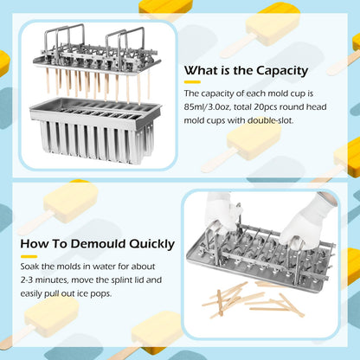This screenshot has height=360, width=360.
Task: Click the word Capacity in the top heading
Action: (282, 71)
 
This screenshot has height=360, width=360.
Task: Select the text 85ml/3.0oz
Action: (207, 107)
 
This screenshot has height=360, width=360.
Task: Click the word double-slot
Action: (270, 120)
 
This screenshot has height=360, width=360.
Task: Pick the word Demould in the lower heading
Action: (99, 244)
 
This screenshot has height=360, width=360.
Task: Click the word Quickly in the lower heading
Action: (151, 244)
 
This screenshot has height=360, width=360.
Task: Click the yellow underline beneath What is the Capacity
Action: (192, 82)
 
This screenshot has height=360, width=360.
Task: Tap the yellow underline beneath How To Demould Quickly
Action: (29, 256)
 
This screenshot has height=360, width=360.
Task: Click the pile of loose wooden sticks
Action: (253, 299)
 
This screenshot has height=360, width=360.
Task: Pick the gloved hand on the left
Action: (221, 212)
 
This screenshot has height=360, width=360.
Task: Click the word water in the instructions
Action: (104, 267)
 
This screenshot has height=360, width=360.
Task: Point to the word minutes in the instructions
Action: (52, 280)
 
